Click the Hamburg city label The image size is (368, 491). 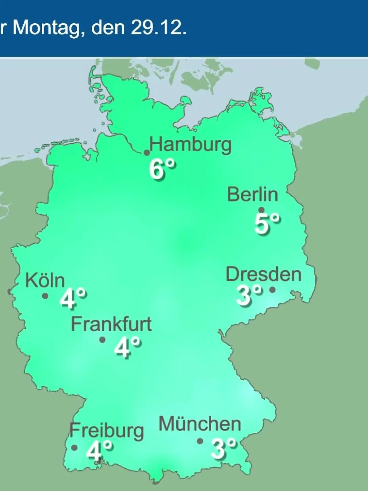190,145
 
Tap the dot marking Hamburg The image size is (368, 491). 147,153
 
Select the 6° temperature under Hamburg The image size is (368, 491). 163,170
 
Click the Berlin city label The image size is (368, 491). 252,195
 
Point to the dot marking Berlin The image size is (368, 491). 262,210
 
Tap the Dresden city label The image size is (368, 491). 263,274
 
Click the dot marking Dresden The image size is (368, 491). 272,289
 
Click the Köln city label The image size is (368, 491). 45,280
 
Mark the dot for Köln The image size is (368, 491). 45,296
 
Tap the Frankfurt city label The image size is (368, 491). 111,324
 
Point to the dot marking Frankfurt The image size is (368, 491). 102,340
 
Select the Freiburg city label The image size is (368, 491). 106,431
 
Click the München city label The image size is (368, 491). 200,424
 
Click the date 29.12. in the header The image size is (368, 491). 159,28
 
